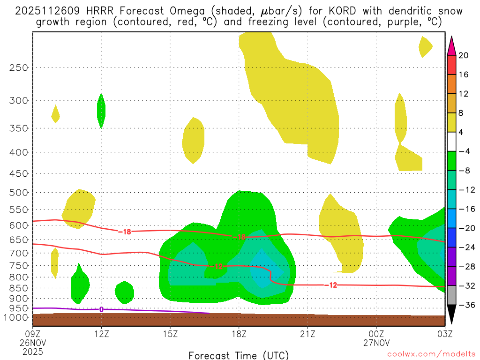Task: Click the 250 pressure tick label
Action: pyautogui.click(x=19, y=67)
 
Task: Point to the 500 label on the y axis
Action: pyautogui.click(x=19, y=193)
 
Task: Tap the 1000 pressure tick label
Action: pyautogui.click(x=17, y=317)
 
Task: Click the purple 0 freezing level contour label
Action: pyautogui.click(x=101, y=309)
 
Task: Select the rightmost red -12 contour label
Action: pyautogui.click(x=331, y=285)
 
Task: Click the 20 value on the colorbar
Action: pyautogui.click(x=464, y=55)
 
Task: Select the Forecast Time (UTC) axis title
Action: pyautogui.click(x=239, y=355)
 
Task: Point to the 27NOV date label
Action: pyautogui.click(x=376, y=343)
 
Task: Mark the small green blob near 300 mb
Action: pyautogui.click(x=101, y=111)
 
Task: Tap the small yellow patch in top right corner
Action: pyautogui.click(x=425, y=46)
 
